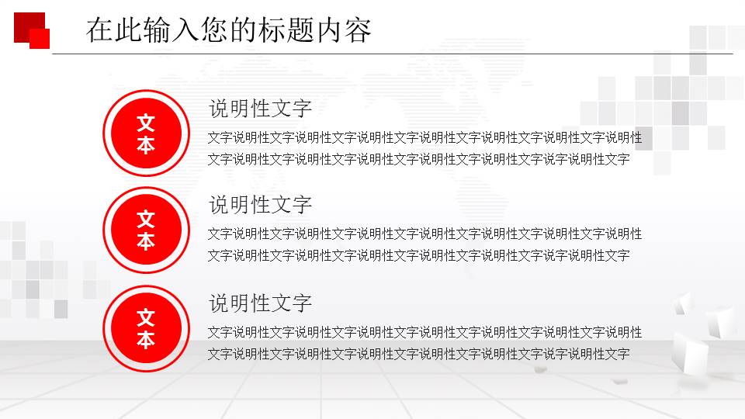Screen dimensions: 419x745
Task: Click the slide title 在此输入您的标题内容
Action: click(229, 30)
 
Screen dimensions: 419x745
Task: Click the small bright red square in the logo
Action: click(40, 39)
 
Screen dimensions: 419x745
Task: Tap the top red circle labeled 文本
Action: click(146, 133)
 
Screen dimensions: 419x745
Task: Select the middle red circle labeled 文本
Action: click(146, 230)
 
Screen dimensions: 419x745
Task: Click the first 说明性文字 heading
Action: click(261, 109)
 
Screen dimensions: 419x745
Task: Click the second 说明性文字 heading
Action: click(261, 205)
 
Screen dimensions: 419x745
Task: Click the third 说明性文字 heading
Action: click(261, 303)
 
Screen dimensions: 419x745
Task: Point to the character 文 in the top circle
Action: click(146, 123)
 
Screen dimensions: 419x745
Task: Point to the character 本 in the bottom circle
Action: click(146, 340)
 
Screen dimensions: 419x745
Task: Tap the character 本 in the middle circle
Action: click(146, 241)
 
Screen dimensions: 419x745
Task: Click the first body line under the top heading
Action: click(424, 138)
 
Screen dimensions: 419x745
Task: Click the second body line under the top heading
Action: click(418, 160)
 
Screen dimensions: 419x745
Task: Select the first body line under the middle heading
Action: click(424, 234)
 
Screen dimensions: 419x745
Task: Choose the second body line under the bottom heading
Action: click(418, 355)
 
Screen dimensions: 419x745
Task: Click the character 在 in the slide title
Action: click(99, 30)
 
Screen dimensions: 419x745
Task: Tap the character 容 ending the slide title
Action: click(359, 30)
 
